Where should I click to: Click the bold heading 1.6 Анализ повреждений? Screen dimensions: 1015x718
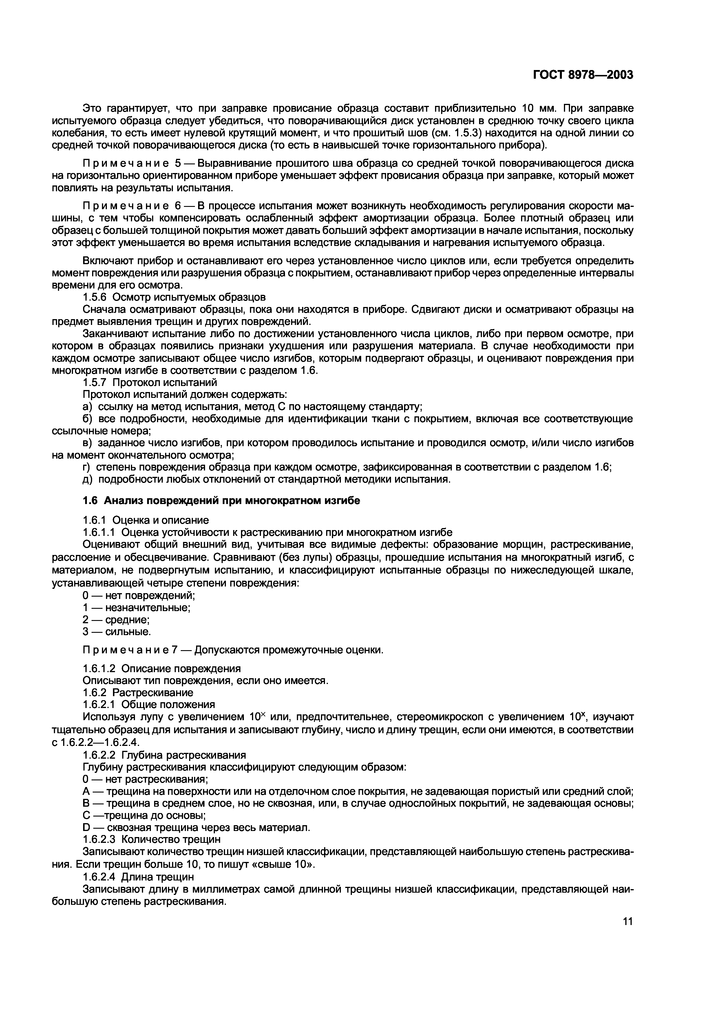221,501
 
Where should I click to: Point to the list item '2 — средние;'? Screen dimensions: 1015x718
116,620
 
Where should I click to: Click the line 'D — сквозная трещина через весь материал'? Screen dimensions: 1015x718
196,828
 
